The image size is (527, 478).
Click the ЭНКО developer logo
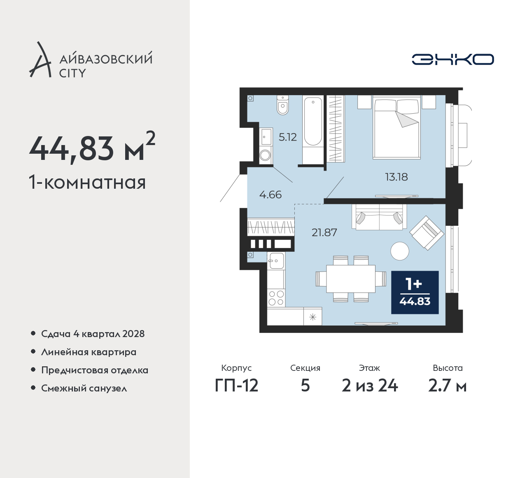click(452, 59)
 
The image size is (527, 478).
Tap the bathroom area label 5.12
click(288, 137)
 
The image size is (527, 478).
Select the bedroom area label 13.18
click(396, 177)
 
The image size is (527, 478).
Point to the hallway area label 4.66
click(270, 195)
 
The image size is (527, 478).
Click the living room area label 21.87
click(324, 232)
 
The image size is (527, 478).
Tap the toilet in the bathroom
click(283, 105)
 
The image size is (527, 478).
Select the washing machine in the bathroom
click(265, 155)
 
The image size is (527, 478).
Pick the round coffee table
click(400, 251)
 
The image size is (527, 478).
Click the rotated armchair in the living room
click(427, 233)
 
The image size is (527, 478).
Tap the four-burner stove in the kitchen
click(276, 298)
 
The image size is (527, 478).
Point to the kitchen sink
click(276, 261)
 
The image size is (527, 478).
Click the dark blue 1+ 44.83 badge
click(415, 293)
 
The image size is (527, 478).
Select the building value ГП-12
click(237, 386)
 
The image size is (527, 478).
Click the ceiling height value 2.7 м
click(448, 386)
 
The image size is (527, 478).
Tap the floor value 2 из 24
click(370, 386)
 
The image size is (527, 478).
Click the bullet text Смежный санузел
click(84, 388)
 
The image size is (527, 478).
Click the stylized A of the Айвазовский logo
click(40, 59)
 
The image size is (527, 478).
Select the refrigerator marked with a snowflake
click(312, 316)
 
